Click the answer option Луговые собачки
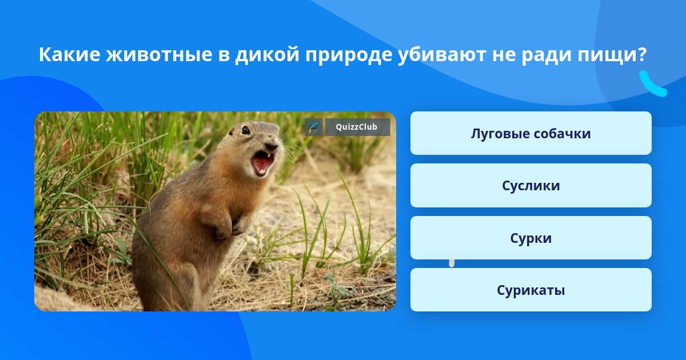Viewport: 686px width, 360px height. (531, 133)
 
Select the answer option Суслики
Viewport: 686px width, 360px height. (531, 186)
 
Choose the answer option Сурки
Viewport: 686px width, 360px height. (531, 238)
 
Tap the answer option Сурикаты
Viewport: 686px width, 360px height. (531, 290)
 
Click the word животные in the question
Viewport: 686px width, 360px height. (159, 54)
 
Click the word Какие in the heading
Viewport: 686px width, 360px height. (70, 54)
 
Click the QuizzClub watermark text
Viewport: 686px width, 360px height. (357, 127)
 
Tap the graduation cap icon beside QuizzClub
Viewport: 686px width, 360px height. (314, 127)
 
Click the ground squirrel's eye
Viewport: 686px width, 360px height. (246, 130)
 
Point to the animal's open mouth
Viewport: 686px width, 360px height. (263, 163)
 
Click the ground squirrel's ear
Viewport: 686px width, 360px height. (231, 132)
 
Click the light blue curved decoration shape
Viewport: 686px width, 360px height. (653, 84)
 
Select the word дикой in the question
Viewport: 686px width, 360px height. (267, 55)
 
